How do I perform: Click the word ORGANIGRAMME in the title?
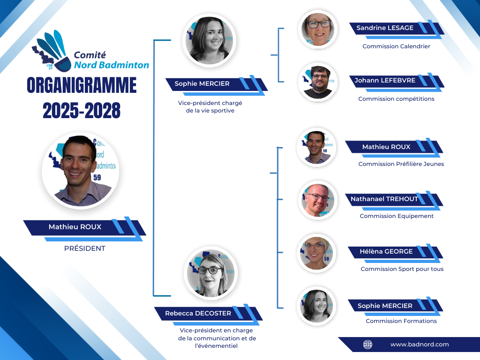coord(82,85)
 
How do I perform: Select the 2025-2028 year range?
coord(82,111)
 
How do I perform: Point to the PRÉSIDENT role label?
coord(85,248)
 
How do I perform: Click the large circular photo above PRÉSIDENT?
coord(81,171)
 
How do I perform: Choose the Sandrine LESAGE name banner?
coord(397,30)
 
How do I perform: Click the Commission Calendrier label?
coord(396,46)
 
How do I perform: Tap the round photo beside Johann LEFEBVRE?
coord(318,82)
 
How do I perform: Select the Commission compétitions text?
coord(396,99)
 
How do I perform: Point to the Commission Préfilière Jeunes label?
coord(401,164)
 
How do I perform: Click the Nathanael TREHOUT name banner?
coord(394,201)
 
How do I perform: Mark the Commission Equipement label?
coord(397,216)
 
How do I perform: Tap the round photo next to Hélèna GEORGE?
coord(316,253)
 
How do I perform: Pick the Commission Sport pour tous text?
coord(402,269)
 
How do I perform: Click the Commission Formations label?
coord(401,321)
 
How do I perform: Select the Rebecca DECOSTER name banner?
coord(209,315)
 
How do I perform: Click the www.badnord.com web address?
coord(420,345)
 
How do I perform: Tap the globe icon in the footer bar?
coord(367,345)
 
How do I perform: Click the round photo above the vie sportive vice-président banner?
coord(209,40)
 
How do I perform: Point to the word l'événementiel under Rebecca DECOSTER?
coord(216,346)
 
